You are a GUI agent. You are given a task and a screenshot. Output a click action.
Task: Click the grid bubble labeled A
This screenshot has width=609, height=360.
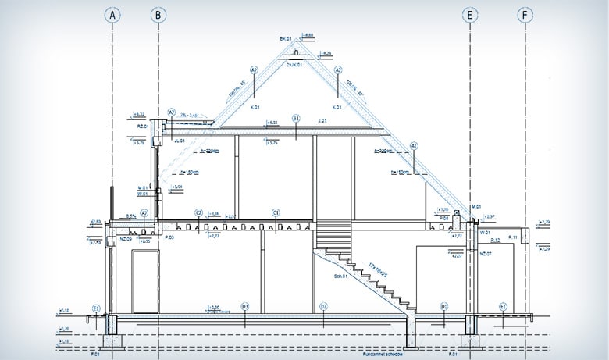click(x=114, y=15)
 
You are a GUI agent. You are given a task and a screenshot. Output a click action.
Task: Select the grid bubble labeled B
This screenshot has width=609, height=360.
click(x=158, y=15)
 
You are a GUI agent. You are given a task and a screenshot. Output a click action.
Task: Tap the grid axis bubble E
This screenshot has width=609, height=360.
click(x=470, y=15)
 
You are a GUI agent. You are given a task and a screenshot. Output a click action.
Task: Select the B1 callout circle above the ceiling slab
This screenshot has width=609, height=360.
click(x=297, y=119)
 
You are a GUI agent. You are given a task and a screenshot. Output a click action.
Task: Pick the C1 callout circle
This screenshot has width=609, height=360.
click(x=276, y=212)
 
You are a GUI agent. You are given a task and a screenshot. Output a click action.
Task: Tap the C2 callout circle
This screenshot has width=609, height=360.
click(x=198, y=212)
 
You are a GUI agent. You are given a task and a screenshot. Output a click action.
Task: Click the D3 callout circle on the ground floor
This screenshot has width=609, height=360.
click(x=244, y=306)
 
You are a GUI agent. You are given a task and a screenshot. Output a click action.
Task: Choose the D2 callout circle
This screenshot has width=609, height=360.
click(x=322, y=306)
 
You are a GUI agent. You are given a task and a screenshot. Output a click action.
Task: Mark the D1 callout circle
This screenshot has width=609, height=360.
click(x=443, y=306)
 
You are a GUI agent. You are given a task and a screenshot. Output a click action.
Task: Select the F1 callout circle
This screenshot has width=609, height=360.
click(x=504, y=306)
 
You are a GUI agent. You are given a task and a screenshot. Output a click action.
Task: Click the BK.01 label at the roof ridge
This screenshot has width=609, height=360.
click(x=284, y=38)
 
